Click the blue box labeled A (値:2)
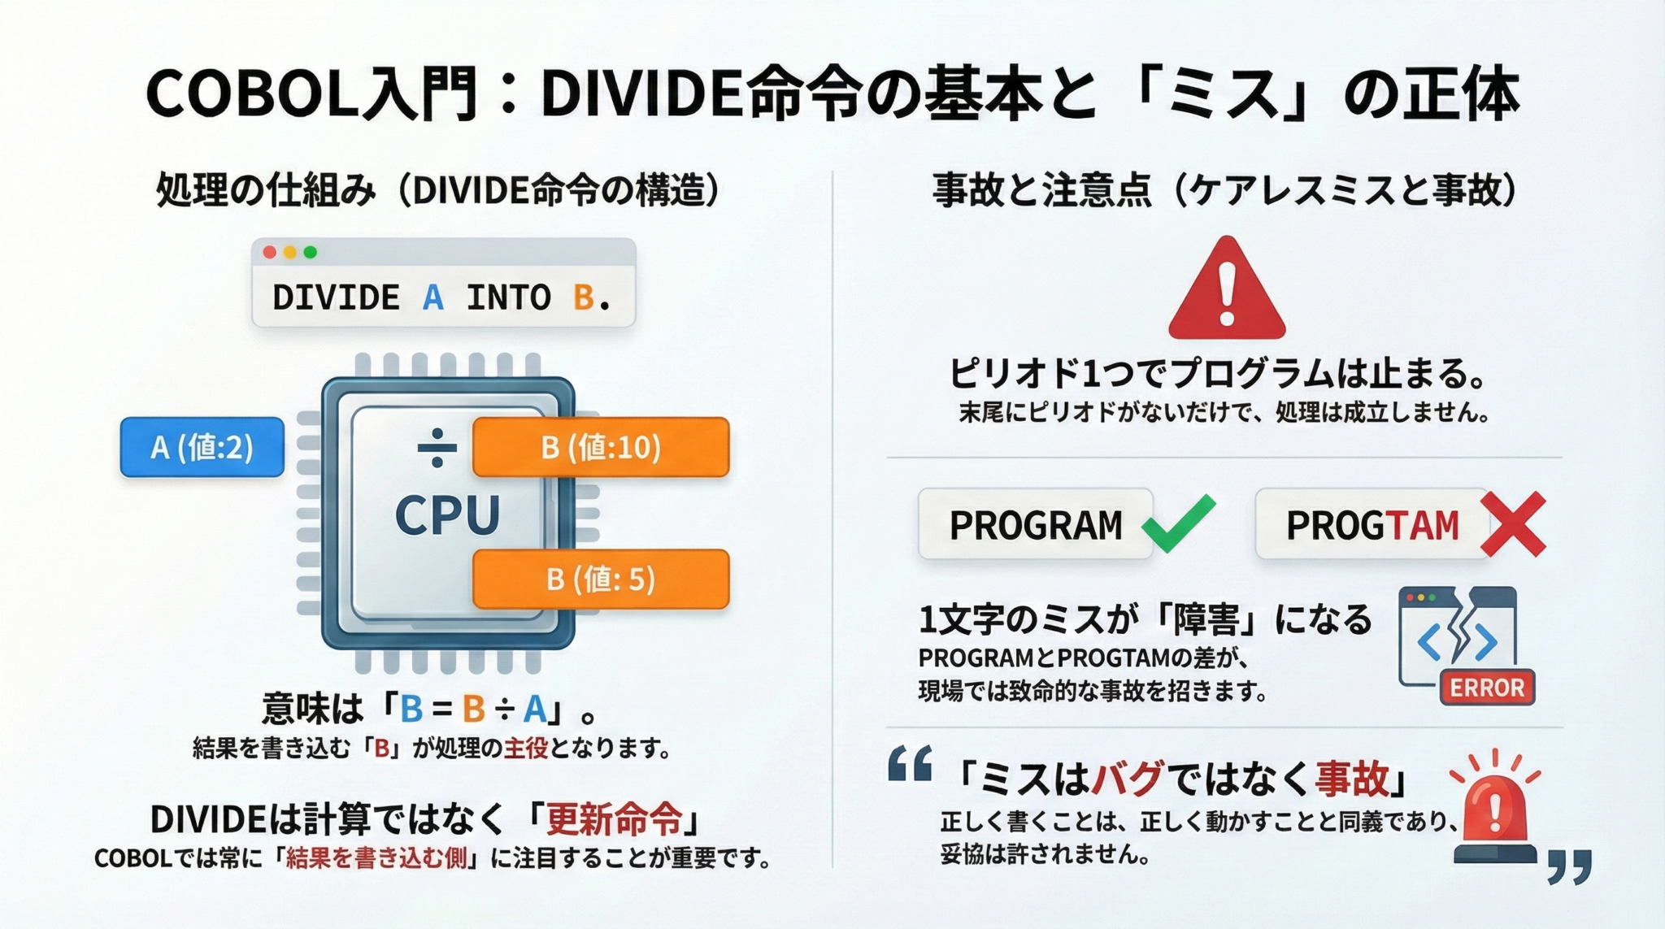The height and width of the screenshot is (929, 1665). click(x=202, y=447)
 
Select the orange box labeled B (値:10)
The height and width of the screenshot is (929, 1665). click(x=600, y=447)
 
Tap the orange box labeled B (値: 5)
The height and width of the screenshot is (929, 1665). click(x=600, y=579)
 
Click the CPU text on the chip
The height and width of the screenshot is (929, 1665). click(x=447, y=515)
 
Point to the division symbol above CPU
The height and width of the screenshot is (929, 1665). click(x=437, y=448)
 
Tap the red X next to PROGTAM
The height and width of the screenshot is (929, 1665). click(x=1513, y=524)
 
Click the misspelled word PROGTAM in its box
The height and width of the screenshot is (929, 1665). click(x=1372, y=525)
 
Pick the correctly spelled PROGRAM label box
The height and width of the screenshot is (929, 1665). click(x=1035, y=525)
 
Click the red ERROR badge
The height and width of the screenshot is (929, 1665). click(x=1486, y=688)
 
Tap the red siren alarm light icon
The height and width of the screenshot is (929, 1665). click(x=1494, y=813)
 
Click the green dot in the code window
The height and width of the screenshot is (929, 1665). click(x=310, y=253)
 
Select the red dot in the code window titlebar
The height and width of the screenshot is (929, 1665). click(x=269, y=253)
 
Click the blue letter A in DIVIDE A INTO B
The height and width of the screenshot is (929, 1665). click(x=433, y=297)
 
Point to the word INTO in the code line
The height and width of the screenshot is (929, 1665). click(x=508, y=297)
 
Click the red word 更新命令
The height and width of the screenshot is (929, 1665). click(x=614, y=819)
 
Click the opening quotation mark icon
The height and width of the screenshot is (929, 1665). click(x=910, y=764)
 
